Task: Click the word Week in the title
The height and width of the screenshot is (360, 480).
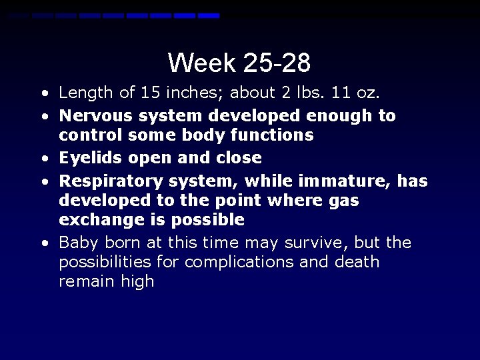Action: tap(202, 63)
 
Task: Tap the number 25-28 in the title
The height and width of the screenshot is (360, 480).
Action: tap(277, 63)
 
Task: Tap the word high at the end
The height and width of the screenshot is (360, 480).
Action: tap(137, 282)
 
